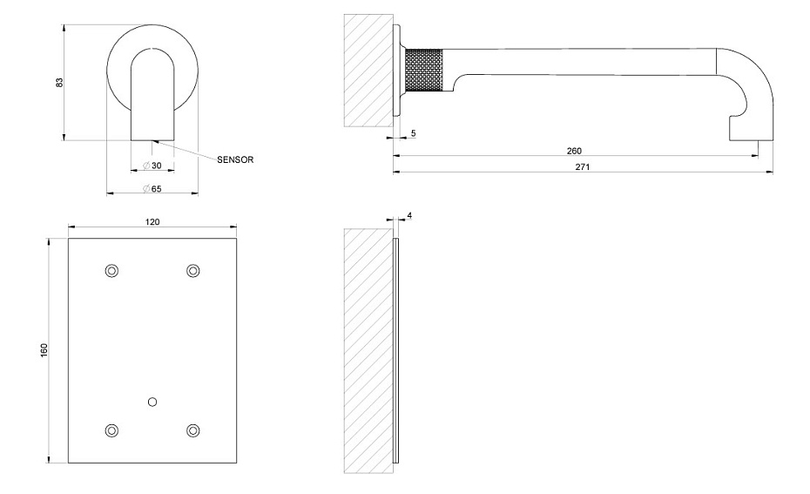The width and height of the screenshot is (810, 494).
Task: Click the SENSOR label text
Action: click(x=235, y=159)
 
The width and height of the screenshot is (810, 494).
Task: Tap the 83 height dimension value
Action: click(x=59, y=82)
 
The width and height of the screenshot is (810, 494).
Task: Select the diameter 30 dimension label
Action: click(x=152, y=166)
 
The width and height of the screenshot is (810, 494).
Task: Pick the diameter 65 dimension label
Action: click(x=152, y=188)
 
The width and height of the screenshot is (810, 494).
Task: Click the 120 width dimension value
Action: click(x=152, y=221)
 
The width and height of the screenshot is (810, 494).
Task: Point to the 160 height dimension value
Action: click(x=44, y=350)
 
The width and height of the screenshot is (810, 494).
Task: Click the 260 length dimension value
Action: click(x=574, y=151)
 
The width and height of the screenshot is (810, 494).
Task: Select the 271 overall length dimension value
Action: click(x=582, y=167)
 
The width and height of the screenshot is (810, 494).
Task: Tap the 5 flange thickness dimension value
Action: click(x=413, y=133)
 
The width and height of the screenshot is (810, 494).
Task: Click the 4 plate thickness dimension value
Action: click(x=409, y=215)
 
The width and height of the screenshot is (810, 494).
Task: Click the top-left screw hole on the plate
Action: click(x=111, y=271)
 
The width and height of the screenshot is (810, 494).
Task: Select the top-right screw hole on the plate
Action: click(x=192, y=271)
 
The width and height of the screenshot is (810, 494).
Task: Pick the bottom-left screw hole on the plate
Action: click(x=111, y=430)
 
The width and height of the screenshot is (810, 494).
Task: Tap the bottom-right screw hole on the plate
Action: click(x=192, y=430)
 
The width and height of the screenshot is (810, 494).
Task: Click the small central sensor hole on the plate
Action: click(x=152, y=402)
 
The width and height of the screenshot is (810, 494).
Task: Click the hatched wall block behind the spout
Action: click(x=368, y=71)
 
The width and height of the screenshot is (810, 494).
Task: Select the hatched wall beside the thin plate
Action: click(x=368, y=351)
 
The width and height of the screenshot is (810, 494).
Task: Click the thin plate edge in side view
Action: click(x=395, y=351)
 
